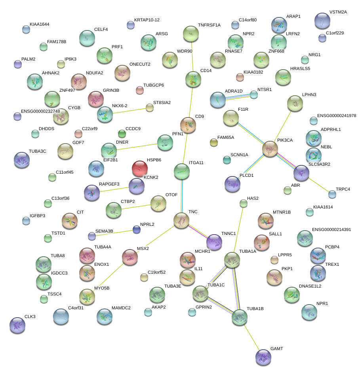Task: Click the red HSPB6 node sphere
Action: pos(139,168)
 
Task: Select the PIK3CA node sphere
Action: pos(270,149)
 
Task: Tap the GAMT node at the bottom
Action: pos(263,357)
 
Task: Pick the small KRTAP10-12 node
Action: pos(131,25)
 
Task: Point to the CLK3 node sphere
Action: pos(17,325)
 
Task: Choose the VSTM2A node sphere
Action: pos(322,20)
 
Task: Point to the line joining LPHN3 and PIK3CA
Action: pos(283,125)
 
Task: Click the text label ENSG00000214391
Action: pos(331,229)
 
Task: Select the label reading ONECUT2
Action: pos(140,64)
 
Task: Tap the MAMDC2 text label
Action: pos(121,308)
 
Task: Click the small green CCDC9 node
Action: pos(122,134)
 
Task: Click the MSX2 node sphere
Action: pos(130,257)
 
